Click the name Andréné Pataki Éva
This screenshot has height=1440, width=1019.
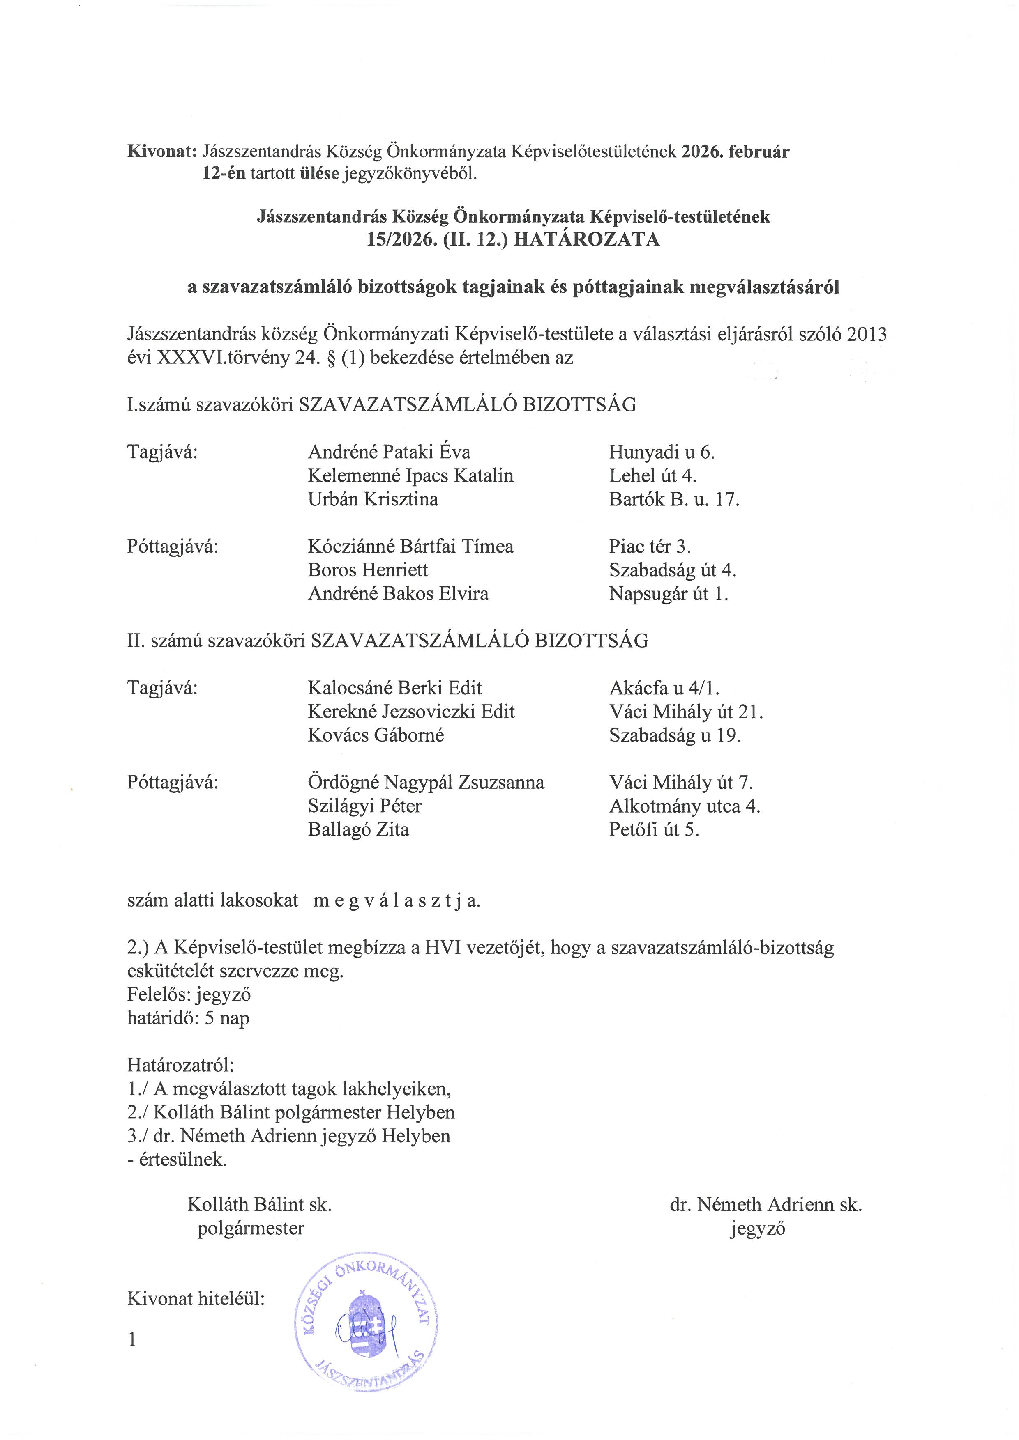389,452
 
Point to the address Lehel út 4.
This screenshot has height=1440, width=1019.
652,475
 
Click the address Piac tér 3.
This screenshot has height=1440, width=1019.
650,546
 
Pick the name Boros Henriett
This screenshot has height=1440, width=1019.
368,570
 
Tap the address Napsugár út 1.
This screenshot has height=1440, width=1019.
668,593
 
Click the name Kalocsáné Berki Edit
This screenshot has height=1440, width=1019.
395,688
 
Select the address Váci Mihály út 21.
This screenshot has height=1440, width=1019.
686,712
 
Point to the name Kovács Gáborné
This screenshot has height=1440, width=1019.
376,735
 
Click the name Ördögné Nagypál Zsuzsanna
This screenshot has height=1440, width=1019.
426,783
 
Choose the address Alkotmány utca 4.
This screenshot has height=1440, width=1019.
685,806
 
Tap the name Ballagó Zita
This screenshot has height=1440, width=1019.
358,830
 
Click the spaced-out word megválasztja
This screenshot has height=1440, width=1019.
397,900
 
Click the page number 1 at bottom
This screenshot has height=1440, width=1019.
132,1340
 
